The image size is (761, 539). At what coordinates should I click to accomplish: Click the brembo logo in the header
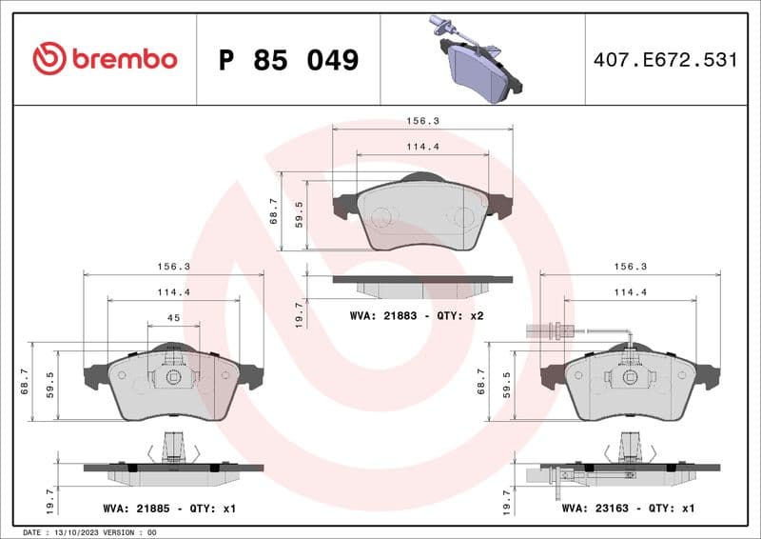[105, 59]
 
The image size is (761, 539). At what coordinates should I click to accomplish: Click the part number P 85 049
[288, 60]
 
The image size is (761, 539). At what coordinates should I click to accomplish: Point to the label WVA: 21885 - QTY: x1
[169, 509]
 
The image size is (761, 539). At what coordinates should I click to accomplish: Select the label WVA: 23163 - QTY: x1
[628, 509]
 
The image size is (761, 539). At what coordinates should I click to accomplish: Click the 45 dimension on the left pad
[173, 317]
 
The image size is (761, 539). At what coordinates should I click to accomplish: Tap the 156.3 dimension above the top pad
[422, 122]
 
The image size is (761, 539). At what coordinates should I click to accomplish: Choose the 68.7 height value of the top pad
[274, 211]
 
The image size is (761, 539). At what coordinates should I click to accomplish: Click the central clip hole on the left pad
[173, 376]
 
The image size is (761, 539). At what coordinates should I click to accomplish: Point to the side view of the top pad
[422, 285]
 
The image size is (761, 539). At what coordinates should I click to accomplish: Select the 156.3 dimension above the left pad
[173, 268]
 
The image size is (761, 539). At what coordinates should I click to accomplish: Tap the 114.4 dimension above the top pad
[422, 147]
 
